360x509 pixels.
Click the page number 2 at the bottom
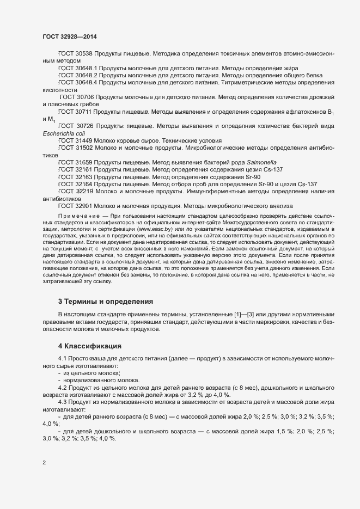point(45,463)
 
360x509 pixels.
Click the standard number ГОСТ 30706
point(77,97)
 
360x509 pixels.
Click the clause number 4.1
point(63,359)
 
